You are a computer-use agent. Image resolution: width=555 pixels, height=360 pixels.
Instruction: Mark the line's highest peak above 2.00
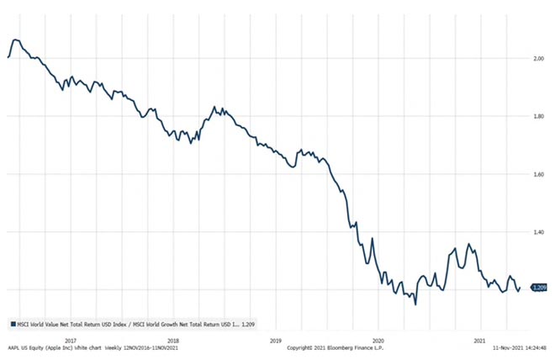[16, 40]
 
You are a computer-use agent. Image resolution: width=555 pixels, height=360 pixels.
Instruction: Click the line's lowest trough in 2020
[415, 303]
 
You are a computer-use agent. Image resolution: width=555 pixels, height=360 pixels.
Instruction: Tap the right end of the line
[520, 289]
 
